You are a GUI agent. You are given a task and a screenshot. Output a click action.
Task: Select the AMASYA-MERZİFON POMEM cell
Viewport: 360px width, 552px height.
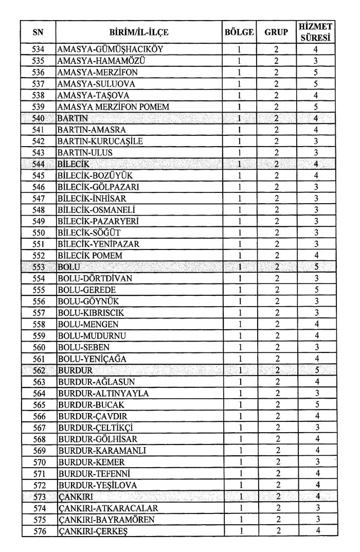coord(113,106)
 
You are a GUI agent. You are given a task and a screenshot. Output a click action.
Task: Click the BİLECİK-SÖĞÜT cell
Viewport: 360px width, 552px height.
coord(92,232)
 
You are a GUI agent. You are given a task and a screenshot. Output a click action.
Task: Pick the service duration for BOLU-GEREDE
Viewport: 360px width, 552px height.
coord(317,290)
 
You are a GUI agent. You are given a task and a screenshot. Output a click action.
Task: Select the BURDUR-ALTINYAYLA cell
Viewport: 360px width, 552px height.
coord(103,393)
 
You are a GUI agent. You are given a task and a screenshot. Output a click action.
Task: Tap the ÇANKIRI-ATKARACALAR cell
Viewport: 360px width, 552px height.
coord(107,508)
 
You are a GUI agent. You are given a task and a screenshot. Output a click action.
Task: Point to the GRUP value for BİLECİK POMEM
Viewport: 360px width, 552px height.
coord(276,255)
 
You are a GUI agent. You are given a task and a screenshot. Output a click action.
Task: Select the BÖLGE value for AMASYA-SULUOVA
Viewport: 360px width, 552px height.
coord(240,84)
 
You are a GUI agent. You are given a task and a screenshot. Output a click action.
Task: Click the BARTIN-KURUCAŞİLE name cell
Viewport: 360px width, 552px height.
coord(100,141)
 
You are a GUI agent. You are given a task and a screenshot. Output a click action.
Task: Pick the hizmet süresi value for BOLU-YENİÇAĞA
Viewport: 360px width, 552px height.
coord(317,358)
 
